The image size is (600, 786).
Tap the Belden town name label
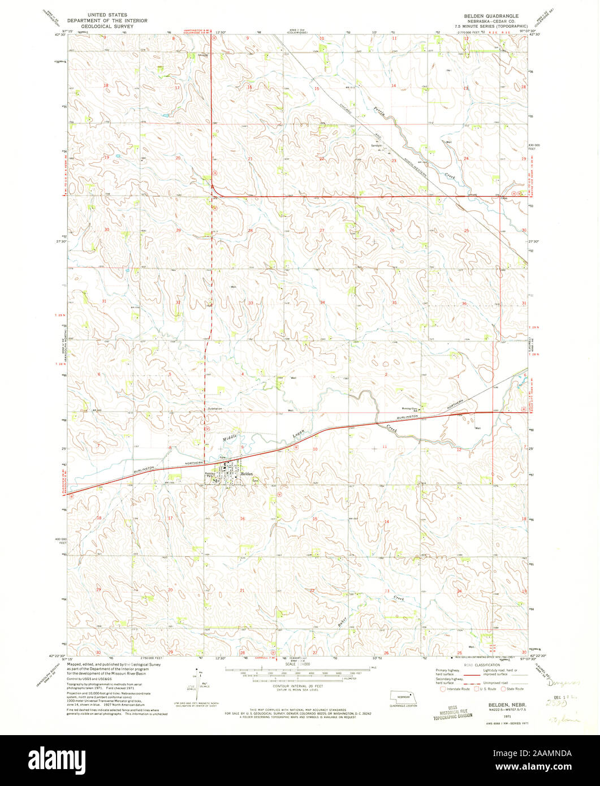pos(247,473)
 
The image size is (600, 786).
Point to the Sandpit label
pos(377,145)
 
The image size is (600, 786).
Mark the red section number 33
pos(250,303)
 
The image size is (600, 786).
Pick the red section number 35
pos(394,303)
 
